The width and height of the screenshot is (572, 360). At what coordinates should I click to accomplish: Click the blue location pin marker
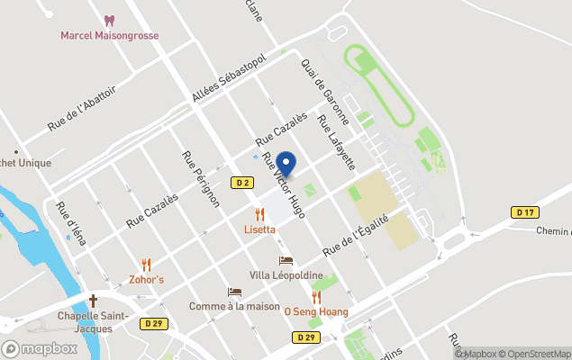tap(286, 164)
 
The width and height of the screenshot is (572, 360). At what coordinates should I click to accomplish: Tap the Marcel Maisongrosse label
tap(109, 36)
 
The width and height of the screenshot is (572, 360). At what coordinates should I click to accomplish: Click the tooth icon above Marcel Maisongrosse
tap(109, 20)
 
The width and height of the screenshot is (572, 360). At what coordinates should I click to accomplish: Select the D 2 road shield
tap(241, 183)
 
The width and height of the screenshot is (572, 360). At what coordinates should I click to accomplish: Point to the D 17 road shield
tap(525, 212)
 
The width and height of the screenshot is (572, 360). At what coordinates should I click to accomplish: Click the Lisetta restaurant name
tap(259, 229)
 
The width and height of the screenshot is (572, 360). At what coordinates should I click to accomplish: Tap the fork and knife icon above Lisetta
tap(259, 214)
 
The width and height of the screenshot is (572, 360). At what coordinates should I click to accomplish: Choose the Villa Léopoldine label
tap(286, 274)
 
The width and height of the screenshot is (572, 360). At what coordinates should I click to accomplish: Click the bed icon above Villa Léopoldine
tap(286, 260)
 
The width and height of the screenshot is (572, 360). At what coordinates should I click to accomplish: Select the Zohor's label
tap(147, 279)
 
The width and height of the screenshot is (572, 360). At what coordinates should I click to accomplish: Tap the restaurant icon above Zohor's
tap(147, 264)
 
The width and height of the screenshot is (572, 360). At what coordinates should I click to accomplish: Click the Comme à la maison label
tap(234, 306)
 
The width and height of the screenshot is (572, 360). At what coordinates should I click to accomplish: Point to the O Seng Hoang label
tap(316, 311)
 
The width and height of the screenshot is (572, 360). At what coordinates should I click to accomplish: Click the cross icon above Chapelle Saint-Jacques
tap(93, 300)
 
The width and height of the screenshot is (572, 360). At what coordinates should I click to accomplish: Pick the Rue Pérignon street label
tap(201, 178)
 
